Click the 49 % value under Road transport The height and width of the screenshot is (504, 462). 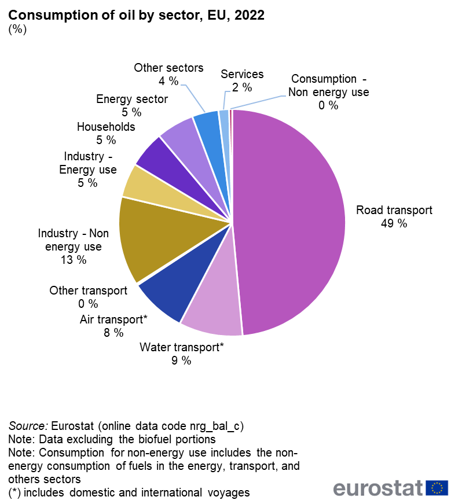pyautogui.click(x=394, y=223)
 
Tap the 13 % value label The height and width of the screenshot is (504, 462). pyautogui.click(x=73, y=260)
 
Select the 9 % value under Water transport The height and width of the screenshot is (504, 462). pyautogui.click(x=181, y=360)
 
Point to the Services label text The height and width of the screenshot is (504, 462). pyautogui.click(x=242, y=74)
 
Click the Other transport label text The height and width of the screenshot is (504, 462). pyautogui.click(x=89, y=290)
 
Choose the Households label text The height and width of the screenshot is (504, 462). pyautogui.click(x=106, y=127)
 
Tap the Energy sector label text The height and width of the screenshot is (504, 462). pyautogui.click(x=132, y=99)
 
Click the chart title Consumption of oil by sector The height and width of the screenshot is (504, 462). pyautogui.click(x=136, y=15)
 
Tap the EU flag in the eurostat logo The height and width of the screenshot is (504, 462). pyautogui.click(x=437, y=488)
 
